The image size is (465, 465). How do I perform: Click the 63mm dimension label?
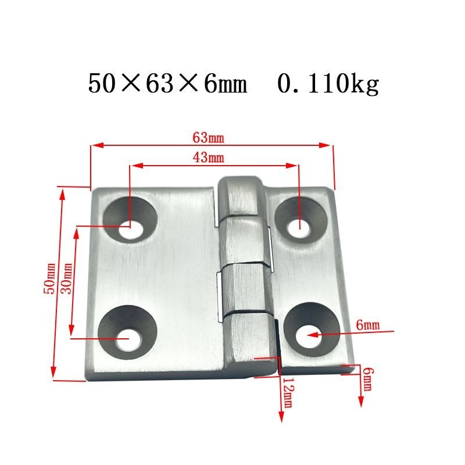(x=209, y=138)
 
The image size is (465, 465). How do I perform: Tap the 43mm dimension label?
(x=209, y=158)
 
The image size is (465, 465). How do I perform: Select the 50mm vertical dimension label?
(x=49, y=278)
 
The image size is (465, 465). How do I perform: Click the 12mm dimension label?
(x=287, y=393)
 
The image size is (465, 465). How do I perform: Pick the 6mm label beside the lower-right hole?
(x=368, y=325)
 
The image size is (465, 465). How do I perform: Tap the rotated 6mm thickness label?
(x=368, y=380)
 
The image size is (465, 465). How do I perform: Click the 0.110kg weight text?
(x=328, y=84)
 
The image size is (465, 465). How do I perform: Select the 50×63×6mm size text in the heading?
(x=167, y=84)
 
